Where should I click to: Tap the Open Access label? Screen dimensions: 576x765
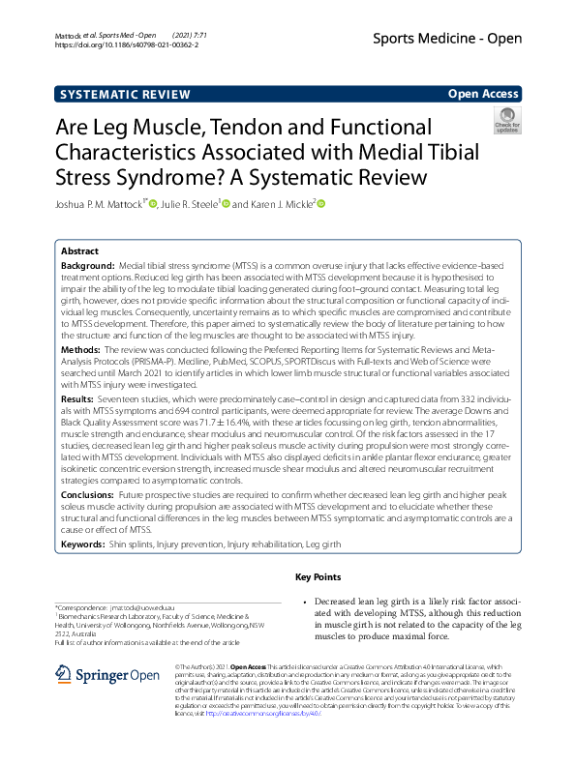tap(484, 94)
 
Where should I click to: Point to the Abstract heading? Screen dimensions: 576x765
tap(81, 249)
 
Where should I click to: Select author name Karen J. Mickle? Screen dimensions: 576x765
tap(281, 204)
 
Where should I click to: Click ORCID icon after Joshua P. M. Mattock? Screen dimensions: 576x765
tap(152, 203)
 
